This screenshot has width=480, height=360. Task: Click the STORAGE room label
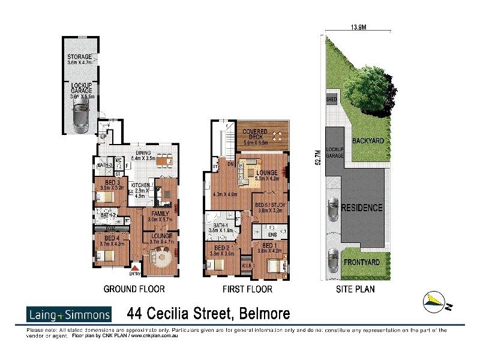point(80,56)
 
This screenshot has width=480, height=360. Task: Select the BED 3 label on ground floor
point(111,182)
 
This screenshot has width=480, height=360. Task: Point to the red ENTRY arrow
point(136,268)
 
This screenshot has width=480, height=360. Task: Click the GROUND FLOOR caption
point(134,289)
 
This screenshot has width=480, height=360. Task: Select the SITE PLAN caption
point(355,289)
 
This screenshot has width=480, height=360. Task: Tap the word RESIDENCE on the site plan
point(362,208)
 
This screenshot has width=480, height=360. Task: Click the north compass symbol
point(437,302)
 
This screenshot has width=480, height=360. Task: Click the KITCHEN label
point(140,185)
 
